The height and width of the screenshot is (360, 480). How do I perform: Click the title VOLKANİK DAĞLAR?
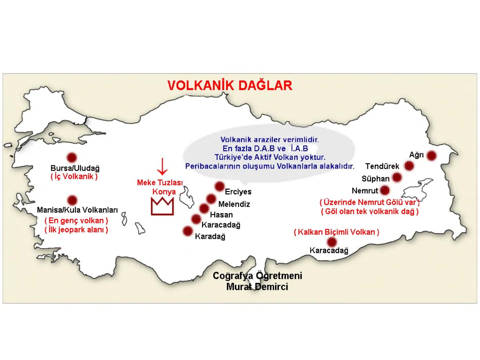pos(230,85)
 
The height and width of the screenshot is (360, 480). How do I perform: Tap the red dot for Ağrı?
pos(431,155)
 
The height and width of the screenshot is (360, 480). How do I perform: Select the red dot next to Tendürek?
pos(409,166)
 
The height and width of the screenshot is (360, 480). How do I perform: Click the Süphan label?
pos(375,179)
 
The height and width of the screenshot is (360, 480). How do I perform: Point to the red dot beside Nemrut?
pos(385,190)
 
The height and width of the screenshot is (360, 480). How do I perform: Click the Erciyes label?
pos(238,192)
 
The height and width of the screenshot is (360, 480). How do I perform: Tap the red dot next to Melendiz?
pos(211,199)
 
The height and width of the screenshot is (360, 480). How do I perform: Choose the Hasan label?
pos(221,215)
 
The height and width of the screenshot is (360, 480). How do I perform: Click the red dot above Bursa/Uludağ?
pos(72,157)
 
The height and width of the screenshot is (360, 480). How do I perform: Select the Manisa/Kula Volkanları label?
pos(77,210)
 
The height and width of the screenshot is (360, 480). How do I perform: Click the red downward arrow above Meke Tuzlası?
pos(162,167)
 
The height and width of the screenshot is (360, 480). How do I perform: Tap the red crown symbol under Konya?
pos(162,207)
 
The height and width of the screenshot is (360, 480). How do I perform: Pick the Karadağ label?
pos(210,236)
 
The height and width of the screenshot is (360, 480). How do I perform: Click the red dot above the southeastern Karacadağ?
pos(332,242)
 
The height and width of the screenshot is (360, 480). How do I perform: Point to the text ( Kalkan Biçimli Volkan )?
pos(336,232)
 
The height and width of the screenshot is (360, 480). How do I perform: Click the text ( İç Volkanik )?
pos(74,177)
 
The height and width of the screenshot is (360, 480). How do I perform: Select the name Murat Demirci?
pos(257,287)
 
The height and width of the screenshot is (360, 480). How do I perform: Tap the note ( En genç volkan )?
pos(76,221)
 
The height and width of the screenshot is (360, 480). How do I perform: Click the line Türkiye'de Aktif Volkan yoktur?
pos(270,157)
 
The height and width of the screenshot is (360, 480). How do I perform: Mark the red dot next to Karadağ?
pos(188,231)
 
